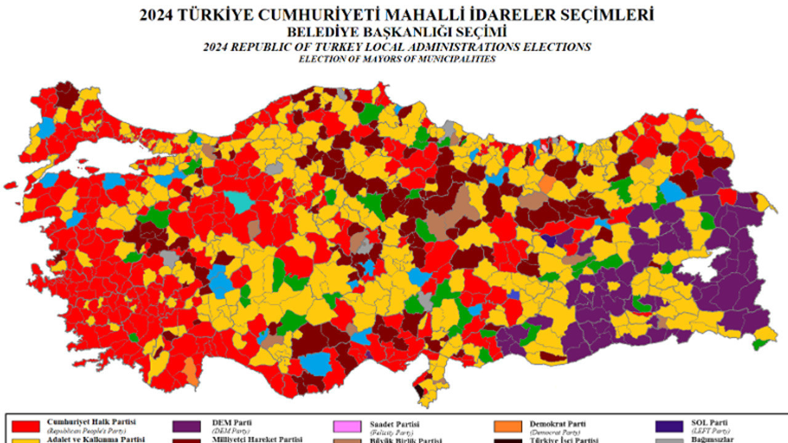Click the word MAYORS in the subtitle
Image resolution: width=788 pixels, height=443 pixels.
pyautogui.click(x=392, y=59)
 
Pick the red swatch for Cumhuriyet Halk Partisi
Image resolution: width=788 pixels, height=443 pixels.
pyautogui.click(x=26, y=426)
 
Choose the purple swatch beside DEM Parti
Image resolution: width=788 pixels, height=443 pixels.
pyautogui.click(x=187, y=426)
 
